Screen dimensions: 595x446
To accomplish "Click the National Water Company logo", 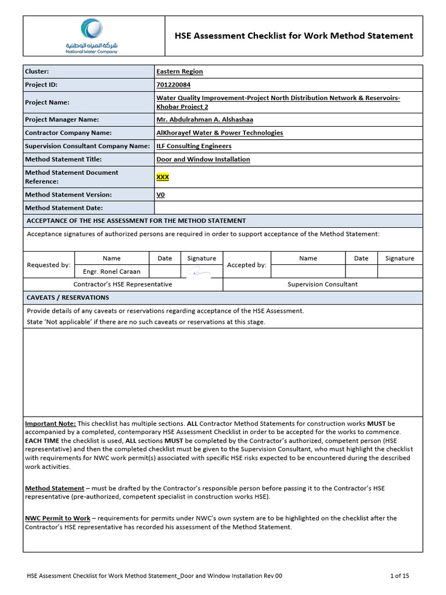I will (91, 35).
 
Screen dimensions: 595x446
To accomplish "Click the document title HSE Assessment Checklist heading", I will (294, 35).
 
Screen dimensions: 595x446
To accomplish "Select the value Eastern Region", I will (179, 71).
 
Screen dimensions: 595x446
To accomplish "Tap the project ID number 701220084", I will (174, 84).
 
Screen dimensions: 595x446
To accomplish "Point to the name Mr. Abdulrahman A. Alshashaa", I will (204, 120).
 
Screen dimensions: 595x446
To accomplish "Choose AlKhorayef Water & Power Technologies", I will (220, 132).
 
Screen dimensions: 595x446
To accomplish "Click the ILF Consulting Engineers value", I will (194, 146).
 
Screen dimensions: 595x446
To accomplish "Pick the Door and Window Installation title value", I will (203, 159).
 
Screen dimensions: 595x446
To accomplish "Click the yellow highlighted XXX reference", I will (163, 177).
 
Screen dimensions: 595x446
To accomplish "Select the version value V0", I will (161, 195).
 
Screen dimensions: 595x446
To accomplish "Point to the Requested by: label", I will (49, 265).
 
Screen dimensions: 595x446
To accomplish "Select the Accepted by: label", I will (247, 265).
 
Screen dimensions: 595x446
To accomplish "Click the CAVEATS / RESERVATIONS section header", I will (68, 297).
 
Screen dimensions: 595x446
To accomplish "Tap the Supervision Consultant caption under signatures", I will (323, 284).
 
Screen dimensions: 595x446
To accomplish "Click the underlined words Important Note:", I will (50, 424).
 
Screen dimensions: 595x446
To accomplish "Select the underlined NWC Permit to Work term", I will (57, 518).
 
